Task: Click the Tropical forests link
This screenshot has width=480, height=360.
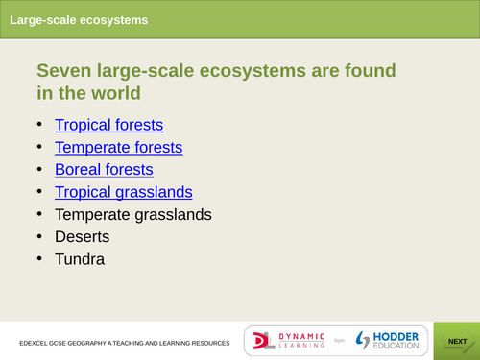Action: tap(108, 125)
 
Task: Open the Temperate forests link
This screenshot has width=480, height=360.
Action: tap(118, 147)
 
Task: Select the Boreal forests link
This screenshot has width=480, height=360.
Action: tap(104, 169)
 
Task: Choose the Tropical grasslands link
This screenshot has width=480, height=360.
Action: tap(123, 191)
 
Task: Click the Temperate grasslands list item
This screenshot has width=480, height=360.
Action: tap(132, 214)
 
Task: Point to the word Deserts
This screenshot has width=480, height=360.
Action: tap(82, 236)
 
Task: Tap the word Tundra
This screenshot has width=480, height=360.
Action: tap(80, 258)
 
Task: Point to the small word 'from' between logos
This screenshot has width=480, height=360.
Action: tap(338, 341)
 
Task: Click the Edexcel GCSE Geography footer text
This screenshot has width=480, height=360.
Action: tap(124, 343)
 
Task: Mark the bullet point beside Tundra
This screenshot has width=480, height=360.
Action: tap(39, 258)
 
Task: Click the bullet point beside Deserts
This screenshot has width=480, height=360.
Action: tap(39, 236)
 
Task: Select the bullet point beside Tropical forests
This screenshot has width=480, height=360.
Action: tap(39, 125)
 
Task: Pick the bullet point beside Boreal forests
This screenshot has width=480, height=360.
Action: tap(39, 169)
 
